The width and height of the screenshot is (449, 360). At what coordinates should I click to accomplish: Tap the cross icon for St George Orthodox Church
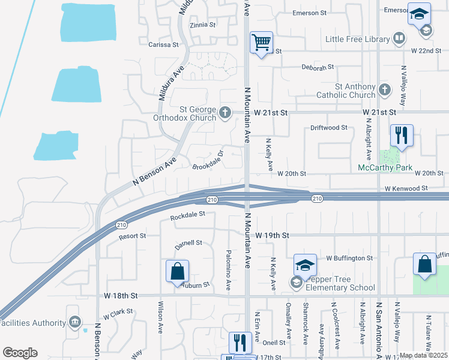point(225,112)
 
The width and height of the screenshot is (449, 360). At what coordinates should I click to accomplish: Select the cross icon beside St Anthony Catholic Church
point(385,91)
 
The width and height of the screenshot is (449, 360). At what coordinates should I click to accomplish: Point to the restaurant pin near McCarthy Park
point(402,135)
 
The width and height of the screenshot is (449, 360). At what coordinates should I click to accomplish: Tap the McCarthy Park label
point(385,167)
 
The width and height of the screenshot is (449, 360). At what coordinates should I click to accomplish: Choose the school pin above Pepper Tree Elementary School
point(305,265)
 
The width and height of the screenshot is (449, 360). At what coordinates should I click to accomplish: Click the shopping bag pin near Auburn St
point(178,271)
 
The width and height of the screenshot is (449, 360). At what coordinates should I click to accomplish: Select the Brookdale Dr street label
point(208,160)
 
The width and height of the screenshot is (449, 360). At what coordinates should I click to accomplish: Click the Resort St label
point(132,236)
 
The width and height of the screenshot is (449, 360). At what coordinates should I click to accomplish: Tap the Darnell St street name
point(188,243)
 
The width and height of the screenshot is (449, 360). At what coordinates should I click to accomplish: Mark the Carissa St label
point(163,44)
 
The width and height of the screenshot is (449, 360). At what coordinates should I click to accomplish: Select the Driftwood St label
point(329,128)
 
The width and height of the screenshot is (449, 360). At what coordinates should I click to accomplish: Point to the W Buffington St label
point(349,258)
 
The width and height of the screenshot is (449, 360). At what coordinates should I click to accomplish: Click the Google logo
point(20,353)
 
